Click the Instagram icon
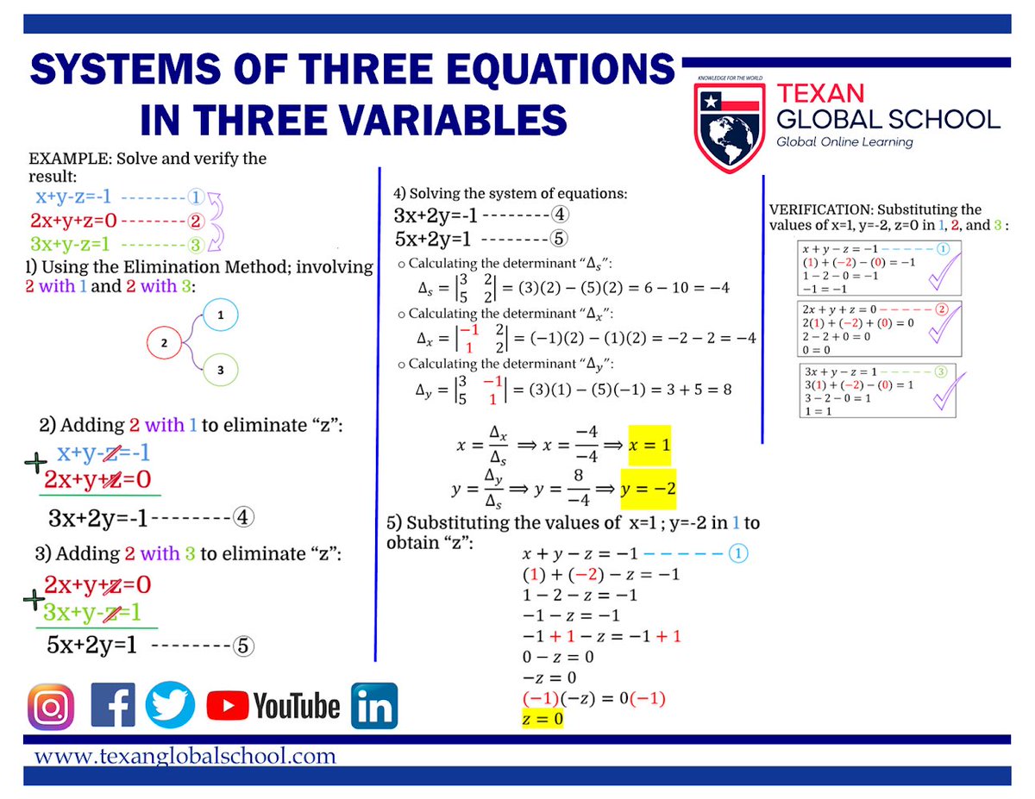click(51, 707)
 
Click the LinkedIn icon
click(374, 707)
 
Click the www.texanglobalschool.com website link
click(185, 756)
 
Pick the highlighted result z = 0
click(543, 718)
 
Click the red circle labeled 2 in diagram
click(165, 343)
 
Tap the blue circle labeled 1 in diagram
click(222, 316)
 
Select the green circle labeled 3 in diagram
click(221, 370)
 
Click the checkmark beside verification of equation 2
click(940, 321)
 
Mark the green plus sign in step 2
click(35, 464)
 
